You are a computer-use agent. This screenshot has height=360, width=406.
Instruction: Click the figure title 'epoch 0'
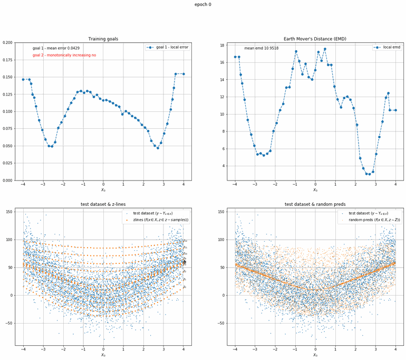click(x=203, y=4)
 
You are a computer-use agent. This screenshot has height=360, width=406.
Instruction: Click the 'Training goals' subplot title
click(x=103, y=39)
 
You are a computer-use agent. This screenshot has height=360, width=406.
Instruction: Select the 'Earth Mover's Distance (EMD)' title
click(x=315, y=39)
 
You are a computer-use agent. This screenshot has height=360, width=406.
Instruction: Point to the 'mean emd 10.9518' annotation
click(x=261, y=48)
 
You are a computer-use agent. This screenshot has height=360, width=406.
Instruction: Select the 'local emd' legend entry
click(x=389, y=47)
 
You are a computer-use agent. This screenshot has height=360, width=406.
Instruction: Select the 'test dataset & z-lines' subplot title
click(x=103, y=204)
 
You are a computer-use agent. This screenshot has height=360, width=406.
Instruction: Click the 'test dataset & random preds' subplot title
click(x=315, y=204)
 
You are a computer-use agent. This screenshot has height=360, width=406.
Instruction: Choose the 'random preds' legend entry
click(x=369, y=220)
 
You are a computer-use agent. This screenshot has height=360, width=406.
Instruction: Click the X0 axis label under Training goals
click(x=103, y=190)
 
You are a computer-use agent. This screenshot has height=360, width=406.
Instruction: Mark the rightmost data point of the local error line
click(x=183, y=74)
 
